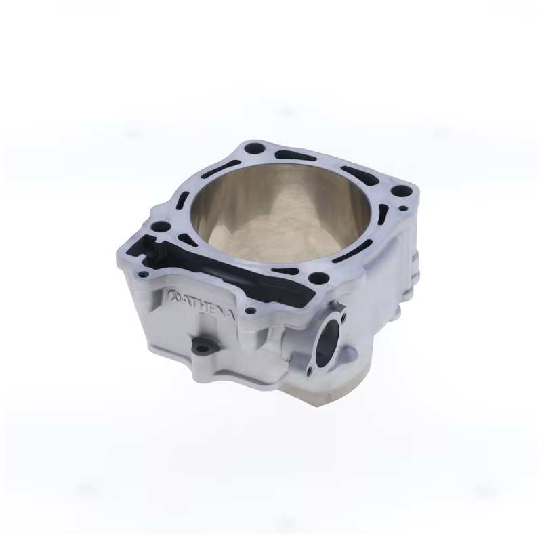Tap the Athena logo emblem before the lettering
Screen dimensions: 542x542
(174, 296)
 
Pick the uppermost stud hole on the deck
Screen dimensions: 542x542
(253, 149)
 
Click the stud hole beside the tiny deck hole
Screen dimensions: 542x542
(400, 191)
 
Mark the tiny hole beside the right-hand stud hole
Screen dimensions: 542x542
(403, 209)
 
